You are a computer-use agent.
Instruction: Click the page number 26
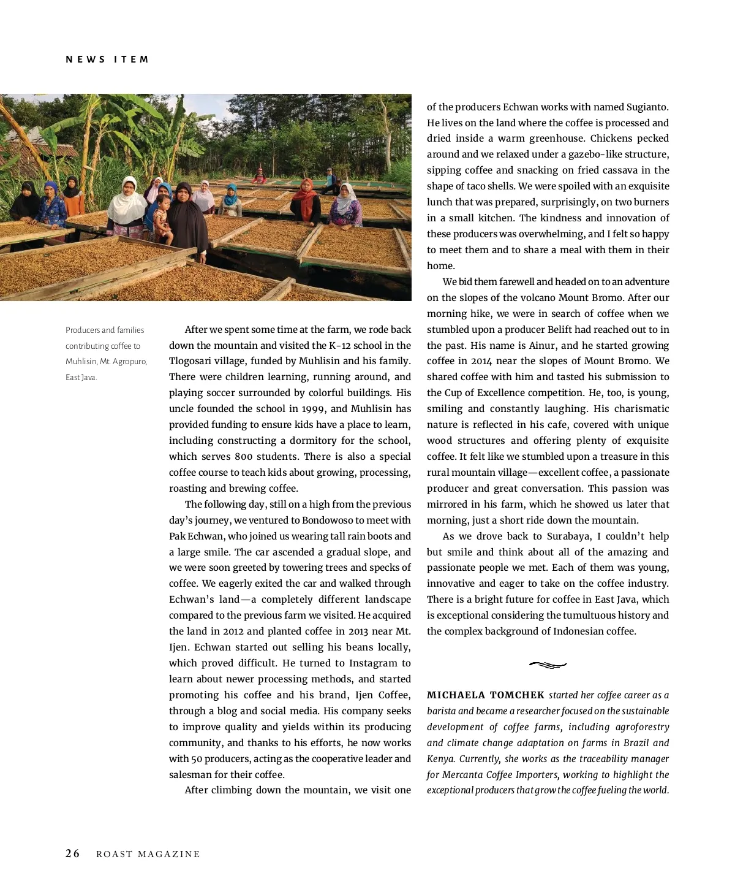pos(73,853)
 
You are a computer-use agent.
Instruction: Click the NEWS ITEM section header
pos(107,59)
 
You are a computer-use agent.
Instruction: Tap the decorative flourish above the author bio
pos(548,665)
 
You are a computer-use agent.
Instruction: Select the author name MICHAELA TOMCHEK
pos(485,695)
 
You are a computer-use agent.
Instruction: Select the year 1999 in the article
pos(314,409)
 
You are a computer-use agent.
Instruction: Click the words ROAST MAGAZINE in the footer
pos(148,854)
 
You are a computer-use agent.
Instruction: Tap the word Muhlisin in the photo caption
pos(81,362)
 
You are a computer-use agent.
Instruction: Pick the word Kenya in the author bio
pos(440,759)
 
